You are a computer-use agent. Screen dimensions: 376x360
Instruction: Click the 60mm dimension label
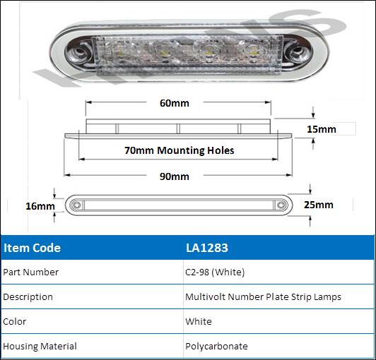click(175, 103)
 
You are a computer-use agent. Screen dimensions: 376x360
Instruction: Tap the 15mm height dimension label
click(322, 129)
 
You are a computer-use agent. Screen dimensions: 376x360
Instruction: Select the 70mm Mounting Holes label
click(179, 150)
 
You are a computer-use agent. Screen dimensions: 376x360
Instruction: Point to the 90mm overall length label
click(175, 176)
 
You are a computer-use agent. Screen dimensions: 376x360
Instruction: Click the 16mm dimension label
click(40, 206)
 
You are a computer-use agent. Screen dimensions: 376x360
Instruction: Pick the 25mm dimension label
click(319, 205)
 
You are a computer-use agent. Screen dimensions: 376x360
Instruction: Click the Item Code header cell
click(32, 248)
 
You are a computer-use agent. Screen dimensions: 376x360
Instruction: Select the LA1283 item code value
click(206, 248)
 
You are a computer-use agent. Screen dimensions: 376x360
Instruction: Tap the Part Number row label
click(30, 272)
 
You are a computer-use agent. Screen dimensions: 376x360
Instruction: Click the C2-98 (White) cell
click(215, 272)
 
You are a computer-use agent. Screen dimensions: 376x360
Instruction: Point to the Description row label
click(28, 297)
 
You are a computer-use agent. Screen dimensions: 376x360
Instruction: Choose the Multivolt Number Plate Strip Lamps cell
click(263, 297)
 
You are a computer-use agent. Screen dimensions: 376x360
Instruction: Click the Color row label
click(15, 321)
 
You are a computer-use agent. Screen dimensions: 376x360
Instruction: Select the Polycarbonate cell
click(216, 347)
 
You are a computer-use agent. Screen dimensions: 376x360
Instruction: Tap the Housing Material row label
click(40, 346)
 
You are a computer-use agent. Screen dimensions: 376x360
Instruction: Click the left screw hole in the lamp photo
click(79, 52)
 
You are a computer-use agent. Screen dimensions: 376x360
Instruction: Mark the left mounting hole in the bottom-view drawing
click(76, 205)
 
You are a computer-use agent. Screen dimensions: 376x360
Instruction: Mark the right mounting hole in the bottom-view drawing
click(281, 205)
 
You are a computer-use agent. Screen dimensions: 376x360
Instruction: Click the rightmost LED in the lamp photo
click(253, 51)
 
